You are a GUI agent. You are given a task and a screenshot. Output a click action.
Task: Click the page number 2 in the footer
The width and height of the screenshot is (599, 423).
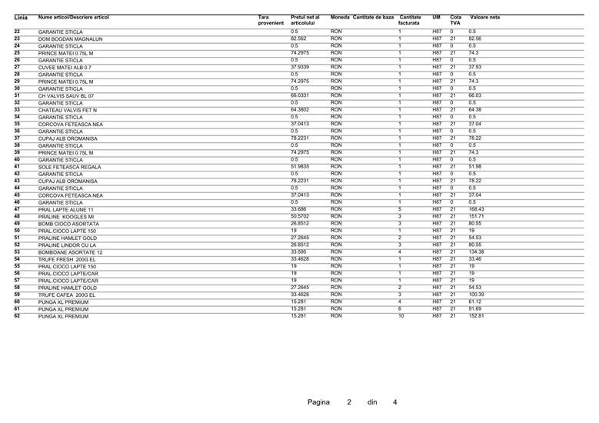[348, 401]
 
